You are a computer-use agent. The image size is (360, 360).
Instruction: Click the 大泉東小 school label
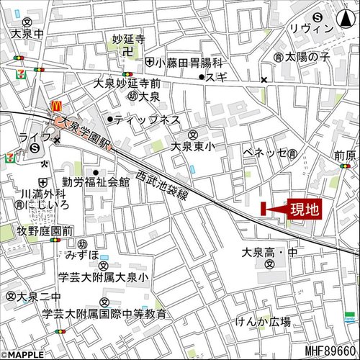[x=192, y=145]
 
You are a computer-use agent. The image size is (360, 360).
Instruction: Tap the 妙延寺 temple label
[x=129, y=39]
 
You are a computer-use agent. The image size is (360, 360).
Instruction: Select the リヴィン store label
[x=311, y=28]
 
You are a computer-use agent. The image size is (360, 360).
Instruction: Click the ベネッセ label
[x=266, y=153]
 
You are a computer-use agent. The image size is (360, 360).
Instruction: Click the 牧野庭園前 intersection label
[x=45, y=230]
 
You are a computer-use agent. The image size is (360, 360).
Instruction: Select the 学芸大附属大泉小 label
[x=103, y=277]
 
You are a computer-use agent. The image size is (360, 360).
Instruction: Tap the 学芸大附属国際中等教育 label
[x=104, y=314]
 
